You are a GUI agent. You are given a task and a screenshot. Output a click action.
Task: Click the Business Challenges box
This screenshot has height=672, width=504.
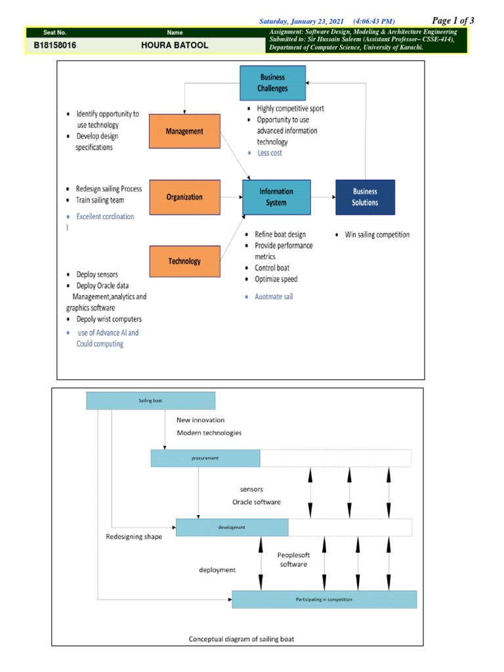[x=273, y=83]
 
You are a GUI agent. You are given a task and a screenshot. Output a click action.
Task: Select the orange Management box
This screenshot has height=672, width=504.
[x=184, y=131]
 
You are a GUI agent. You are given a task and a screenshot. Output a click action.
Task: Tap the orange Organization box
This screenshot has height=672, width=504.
[x=184, y=197]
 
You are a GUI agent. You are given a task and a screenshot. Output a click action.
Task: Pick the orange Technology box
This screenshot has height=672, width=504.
[x=184, y=261]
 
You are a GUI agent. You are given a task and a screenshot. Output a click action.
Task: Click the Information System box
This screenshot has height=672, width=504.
[x=276, y=197]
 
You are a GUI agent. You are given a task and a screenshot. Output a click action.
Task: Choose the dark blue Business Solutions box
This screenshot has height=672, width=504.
[x=365, y=197]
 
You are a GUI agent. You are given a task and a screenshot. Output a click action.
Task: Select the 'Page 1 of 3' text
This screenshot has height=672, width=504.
[x=453, y=20]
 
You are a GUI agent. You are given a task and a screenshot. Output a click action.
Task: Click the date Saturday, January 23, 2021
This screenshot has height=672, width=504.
[x=301, y=22]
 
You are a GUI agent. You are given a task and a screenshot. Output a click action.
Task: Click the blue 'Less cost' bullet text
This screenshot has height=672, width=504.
[x=269, y=153]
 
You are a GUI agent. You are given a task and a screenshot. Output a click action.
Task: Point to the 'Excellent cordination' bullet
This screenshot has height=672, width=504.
[x=104, y=217]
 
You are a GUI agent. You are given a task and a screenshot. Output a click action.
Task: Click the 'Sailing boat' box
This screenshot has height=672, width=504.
[x=150, y=400]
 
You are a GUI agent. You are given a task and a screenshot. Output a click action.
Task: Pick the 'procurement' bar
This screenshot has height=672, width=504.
[x=205, y=458]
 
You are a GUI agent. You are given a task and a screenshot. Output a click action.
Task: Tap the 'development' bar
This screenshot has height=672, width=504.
[x=232, y=527]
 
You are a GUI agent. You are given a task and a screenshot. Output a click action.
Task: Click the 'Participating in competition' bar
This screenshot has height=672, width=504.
[x=324, y=599]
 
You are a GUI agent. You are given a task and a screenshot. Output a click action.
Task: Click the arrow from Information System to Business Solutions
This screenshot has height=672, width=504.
[x=322, y=197]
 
